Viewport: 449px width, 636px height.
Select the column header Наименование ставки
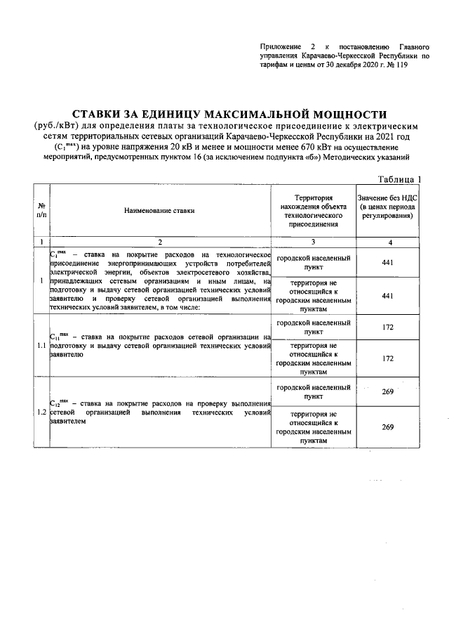(x=159, y=210)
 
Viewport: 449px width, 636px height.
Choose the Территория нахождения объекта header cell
(x=314, y=210)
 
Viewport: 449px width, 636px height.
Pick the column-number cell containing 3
(x=314, y=242)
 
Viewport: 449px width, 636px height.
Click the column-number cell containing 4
(x=387, y=242)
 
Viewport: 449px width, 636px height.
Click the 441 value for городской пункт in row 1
(x=387, y=263)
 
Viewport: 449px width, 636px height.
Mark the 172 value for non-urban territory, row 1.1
(x=387, y=358)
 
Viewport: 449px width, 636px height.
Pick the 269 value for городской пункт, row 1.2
(x=387, y=391)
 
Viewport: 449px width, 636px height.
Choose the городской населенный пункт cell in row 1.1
(x=314, y=327)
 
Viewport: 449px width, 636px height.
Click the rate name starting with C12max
(x=160, y=413)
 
